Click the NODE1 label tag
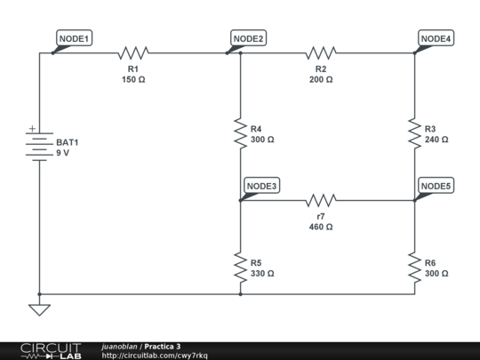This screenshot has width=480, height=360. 75,38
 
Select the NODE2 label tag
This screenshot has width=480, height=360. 249,38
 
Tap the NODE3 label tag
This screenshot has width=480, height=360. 261,185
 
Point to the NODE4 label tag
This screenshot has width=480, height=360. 436,38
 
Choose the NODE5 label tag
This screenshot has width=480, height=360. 436,185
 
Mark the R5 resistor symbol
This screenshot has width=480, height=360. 240,268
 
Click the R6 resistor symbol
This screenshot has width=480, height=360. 414,268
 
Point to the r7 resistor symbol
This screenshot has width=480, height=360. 321,200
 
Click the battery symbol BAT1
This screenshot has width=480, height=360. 38,146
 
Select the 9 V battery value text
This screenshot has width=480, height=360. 62,153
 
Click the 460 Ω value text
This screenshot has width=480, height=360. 321,227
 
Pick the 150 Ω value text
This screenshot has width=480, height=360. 133,79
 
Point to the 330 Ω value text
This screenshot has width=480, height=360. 262,274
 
